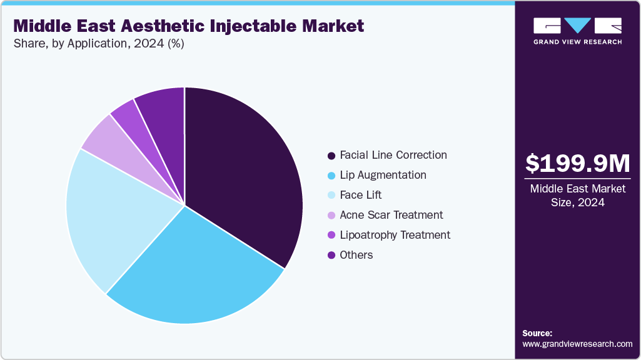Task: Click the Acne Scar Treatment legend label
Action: [391, 215]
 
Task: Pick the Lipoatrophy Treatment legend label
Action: [395, 235]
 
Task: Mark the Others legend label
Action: [356, 255]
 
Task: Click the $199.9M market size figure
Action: [577, 163]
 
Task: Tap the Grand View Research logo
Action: [577, 31]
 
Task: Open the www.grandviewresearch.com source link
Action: [577, 344]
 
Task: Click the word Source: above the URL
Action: [537, 333]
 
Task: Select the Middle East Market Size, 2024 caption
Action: [577, 195]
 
